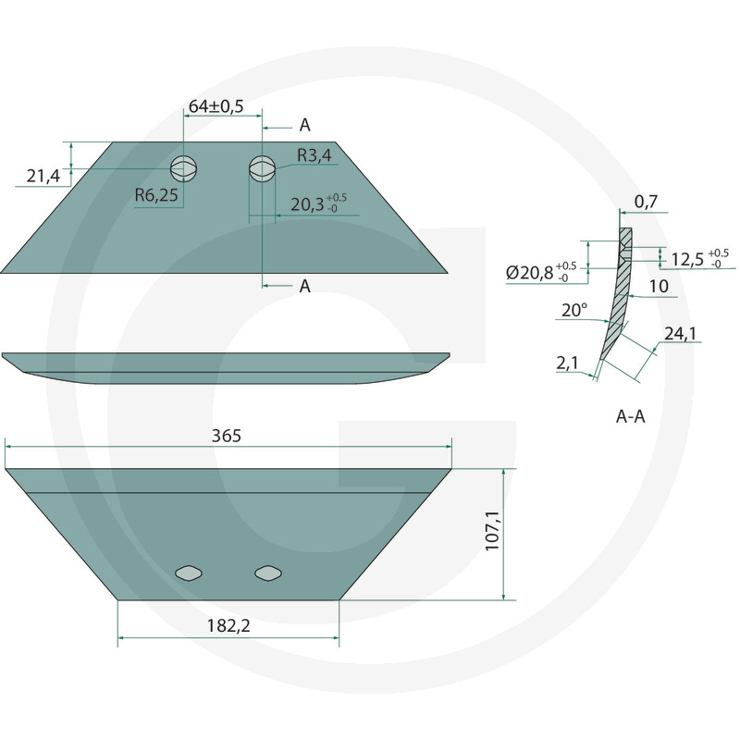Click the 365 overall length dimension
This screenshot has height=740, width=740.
(227, 436)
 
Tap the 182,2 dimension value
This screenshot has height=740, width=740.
(228, 626)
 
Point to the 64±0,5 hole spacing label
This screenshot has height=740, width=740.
(216, 106)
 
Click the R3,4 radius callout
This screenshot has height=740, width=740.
(314, 155)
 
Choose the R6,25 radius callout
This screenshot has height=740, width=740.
(156, 195)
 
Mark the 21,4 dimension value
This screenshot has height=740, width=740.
(43, 176)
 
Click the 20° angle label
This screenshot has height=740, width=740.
(574, 310)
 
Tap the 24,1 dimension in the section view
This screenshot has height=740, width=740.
(680, 334)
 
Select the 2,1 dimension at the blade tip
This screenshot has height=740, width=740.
(567, 363)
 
